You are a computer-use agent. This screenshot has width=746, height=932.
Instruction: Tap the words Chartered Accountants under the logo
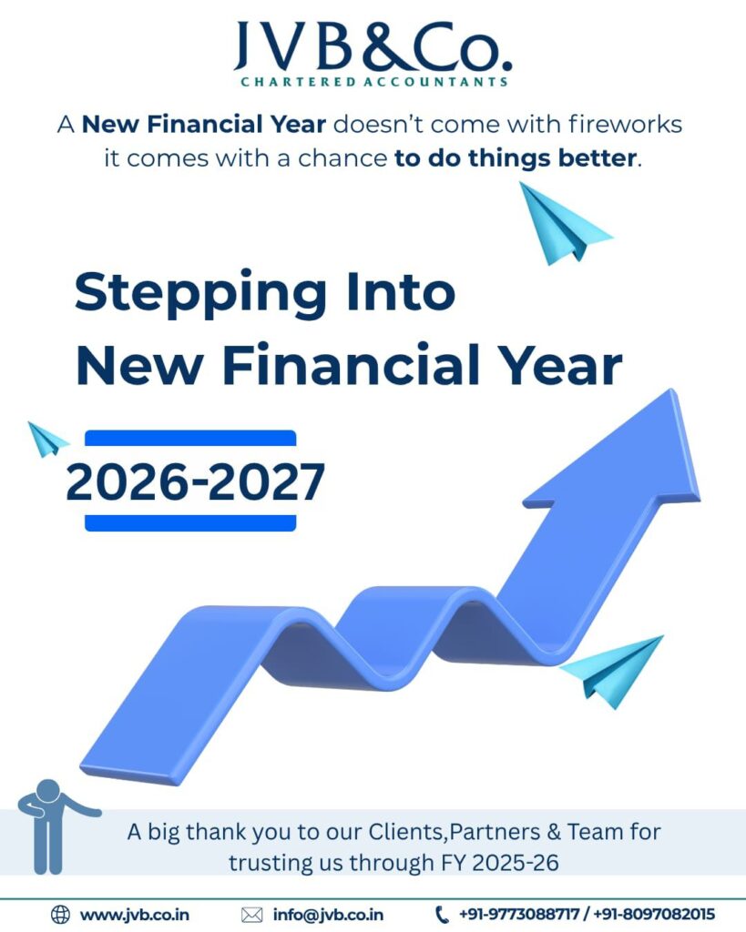[x=373, y=82]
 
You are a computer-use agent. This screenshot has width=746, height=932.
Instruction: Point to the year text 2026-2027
[x=195, y=483]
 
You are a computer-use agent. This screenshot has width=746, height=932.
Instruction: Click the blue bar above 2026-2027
[x=190, y=439]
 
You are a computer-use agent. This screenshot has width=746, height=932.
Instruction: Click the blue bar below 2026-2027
[x=190, y=522]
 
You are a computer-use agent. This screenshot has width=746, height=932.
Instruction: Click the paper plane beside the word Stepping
[x=562, y=222]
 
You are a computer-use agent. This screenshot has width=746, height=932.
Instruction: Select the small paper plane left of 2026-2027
[x=47, y=439]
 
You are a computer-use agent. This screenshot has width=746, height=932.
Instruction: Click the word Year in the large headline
[x=561, y=367]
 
